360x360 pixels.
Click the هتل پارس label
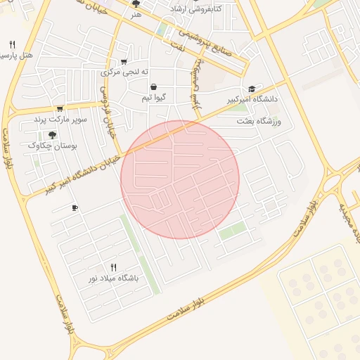point(18,56)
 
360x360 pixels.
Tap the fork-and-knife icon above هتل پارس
point(12,44)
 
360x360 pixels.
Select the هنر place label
point(136,13)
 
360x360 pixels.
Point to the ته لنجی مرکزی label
point(125,72)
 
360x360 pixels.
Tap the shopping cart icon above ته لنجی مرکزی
point(124,61)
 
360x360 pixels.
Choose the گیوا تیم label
point(153,97)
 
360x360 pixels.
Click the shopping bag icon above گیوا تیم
point(153,86)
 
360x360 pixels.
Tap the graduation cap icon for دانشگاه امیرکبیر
point(252,89)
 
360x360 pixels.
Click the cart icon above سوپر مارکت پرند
point(60,108)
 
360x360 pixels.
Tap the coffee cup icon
point(75,208)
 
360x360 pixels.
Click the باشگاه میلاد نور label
point(113,278)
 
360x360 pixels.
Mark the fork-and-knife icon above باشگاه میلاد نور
point(113,267)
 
